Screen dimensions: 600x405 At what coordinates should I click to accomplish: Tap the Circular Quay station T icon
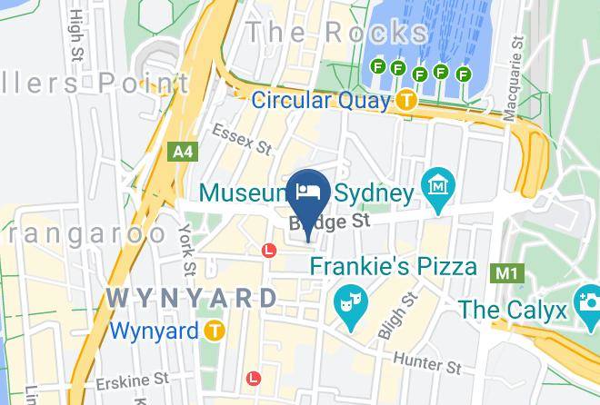tap(405, 100)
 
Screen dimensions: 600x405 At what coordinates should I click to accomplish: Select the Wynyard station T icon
tap(215, 331)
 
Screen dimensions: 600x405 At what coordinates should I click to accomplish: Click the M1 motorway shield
tap(503, 272)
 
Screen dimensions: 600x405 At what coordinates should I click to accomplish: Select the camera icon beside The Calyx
tap(585, 300)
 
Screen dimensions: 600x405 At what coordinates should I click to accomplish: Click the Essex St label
tap(243, 138)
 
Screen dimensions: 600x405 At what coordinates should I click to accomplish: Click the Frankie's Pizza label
tap(393, 267)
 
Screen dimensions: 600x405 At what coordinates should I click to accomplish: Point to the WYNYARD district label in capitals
tap(192, 298)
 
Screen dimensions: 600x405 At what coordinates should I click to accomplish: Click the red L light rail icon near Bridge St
tap(269, 250)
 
